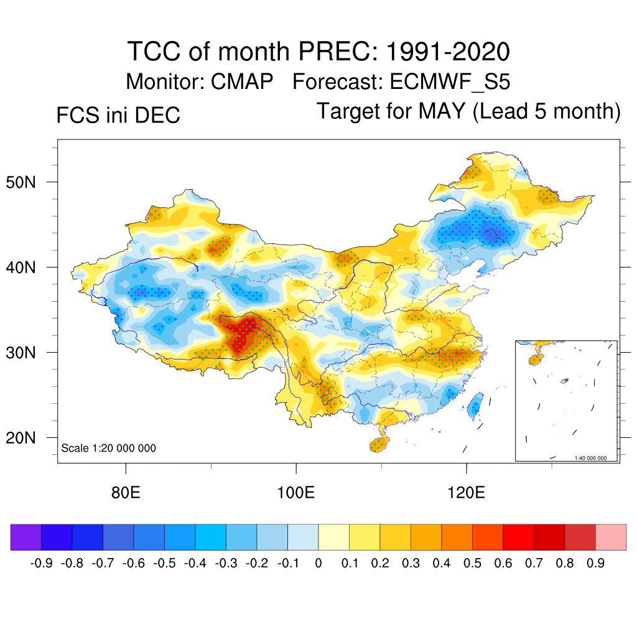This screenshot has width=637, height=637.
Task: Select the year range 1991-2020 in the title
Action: click(x=448, y=51)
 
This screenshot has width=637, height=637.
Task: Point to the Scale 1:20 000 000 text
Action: click(x=109, y=448)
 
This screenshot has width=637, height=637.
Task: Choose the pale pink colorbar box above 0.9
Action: click(x=611, y=537)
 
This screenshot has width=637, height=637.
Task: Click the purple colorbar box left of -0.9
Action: click(x=26, y=537)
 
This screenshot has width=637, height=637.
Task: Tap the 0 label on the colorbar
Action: click(x=318, y=564)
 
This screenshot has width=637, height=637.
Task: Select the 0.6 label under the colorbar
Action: click(x=503, y=564)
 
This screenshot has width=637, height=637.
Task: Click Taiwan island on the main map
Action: click(x=476, y=404)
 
